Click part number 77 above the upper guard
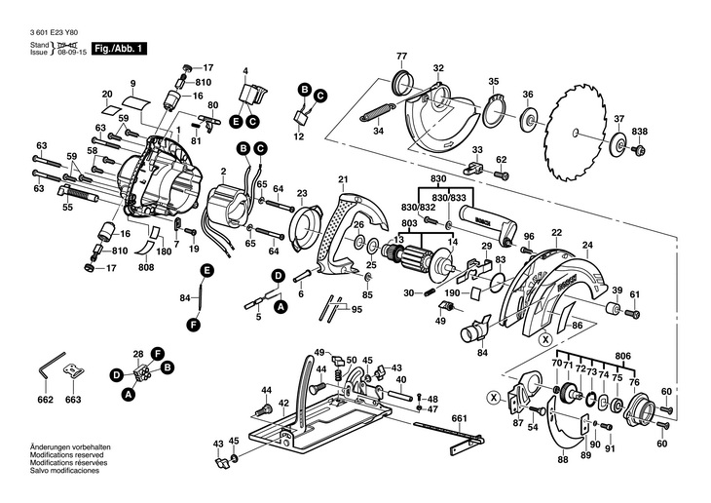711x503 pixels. [x=401, y=56]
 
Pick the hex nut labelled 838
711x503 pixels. [x=639, y=150]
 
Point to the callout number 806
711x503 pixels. [x=622, y=356]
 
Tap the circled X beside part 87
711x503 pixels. [x=496, y=397]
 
